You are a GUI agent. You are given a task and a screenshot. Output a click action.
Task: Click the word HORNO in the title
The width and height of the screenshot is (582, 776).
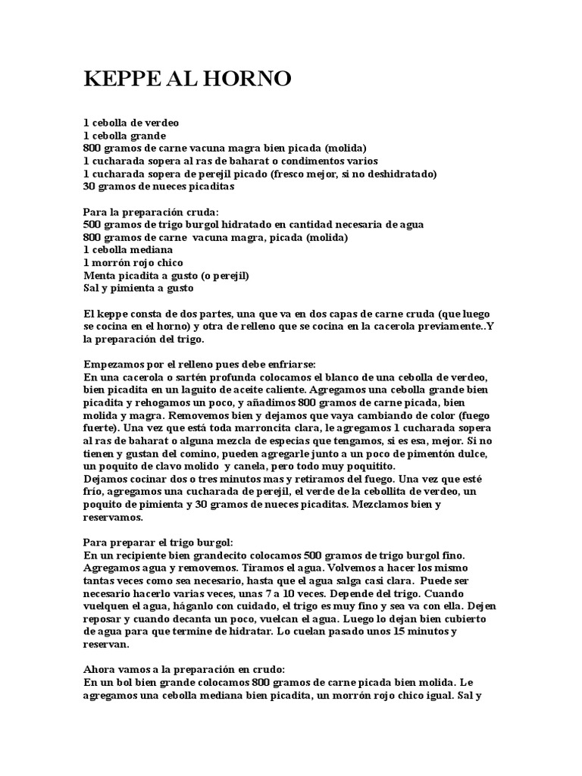(x=254, y=79)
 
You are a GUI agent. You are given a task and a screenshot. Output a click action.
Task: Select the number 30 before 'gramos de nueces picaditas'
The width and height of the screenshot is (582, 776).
(x=89, y=186)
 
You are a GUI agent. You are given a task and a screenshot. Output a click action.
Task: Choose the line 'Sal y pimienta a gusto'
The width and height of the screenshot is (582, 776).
(x=138, y=288)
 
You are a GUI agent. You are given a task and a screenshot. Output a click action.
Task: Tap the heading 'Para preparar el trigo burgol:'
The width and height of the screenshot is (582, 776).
(x=158, y=543)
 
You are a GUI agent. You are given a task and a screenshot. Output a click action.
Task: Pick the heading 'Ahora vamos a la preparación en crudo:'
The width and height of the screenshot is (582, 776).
(x=183, y=670)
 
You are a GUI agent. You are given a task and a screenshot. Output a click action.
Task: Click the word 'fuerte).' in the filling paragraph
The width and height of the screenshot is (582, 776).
(x=102, y=428)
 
